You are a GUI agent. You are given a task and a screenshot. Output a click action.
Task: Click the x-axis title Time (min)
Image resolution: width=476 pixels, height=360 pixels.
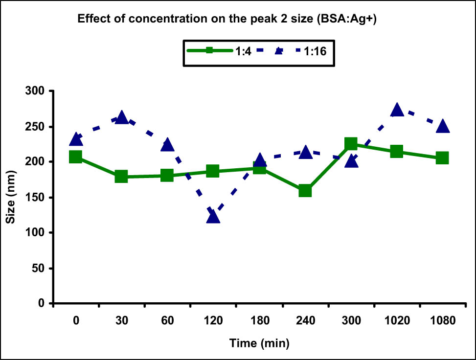259,343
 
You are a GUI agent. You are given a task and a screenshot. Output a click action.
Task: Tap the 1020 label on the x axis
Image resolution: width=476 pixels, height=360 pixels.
397,321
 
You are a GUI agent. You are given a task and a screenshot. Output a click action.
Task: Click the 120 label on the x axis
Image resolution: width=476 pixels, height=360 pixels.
213,321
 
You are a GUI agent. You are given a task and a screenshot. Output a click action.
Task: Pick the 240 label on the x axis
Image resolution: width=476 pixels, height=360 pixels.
305,321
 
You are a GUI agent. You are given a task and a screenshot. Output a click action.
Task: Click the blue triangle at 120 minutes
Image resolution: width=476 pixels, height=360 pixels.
213,216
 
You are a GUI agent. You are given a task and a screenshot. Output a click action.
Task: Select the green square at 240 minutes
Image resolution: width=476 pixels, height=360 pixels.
305,190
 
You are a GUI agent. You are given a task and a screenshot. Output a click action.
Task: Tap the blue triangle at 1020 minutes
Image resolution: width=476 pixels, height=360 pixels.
397,110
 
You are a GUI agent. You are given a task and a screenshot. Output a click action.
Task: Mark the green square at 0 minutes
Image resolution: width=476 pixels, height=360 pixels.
75,157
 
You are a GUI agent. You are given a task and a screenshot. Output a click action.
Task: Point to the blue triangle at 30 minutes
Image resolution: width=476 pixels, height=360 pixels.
121,117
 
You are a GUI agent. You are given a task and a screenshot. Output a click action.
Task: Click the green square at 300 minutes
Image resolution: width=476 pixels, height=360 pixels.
351,143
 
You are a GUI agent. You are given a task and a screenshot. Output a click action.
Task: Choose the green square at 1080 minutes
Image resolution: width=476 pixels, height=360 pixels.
442,157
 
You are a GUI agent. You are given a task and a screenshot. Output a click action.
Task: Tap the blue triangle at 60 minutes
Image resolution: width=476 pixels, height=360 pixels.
167,144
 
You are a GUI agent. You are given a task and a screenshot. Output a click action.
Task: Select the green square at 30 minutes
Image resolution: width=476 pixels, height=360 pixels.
121,177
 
